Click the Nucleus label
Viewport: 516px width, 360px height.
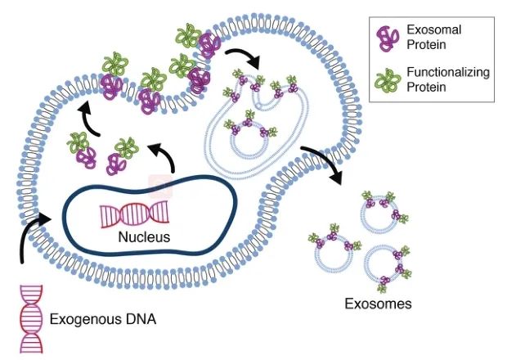click(143, 238)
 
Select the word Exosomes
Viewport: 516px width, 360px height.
click(378, 304)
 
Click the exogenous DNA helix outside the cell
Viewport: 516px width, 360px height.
click(33, 315)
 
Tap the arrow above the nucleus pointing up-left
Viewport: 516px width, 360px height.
click(164, 153)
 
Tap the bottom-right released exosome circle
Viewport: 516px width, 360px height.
click(384, 265)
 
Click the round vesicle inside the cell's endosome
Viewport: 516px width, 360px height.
click(252, 137)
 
